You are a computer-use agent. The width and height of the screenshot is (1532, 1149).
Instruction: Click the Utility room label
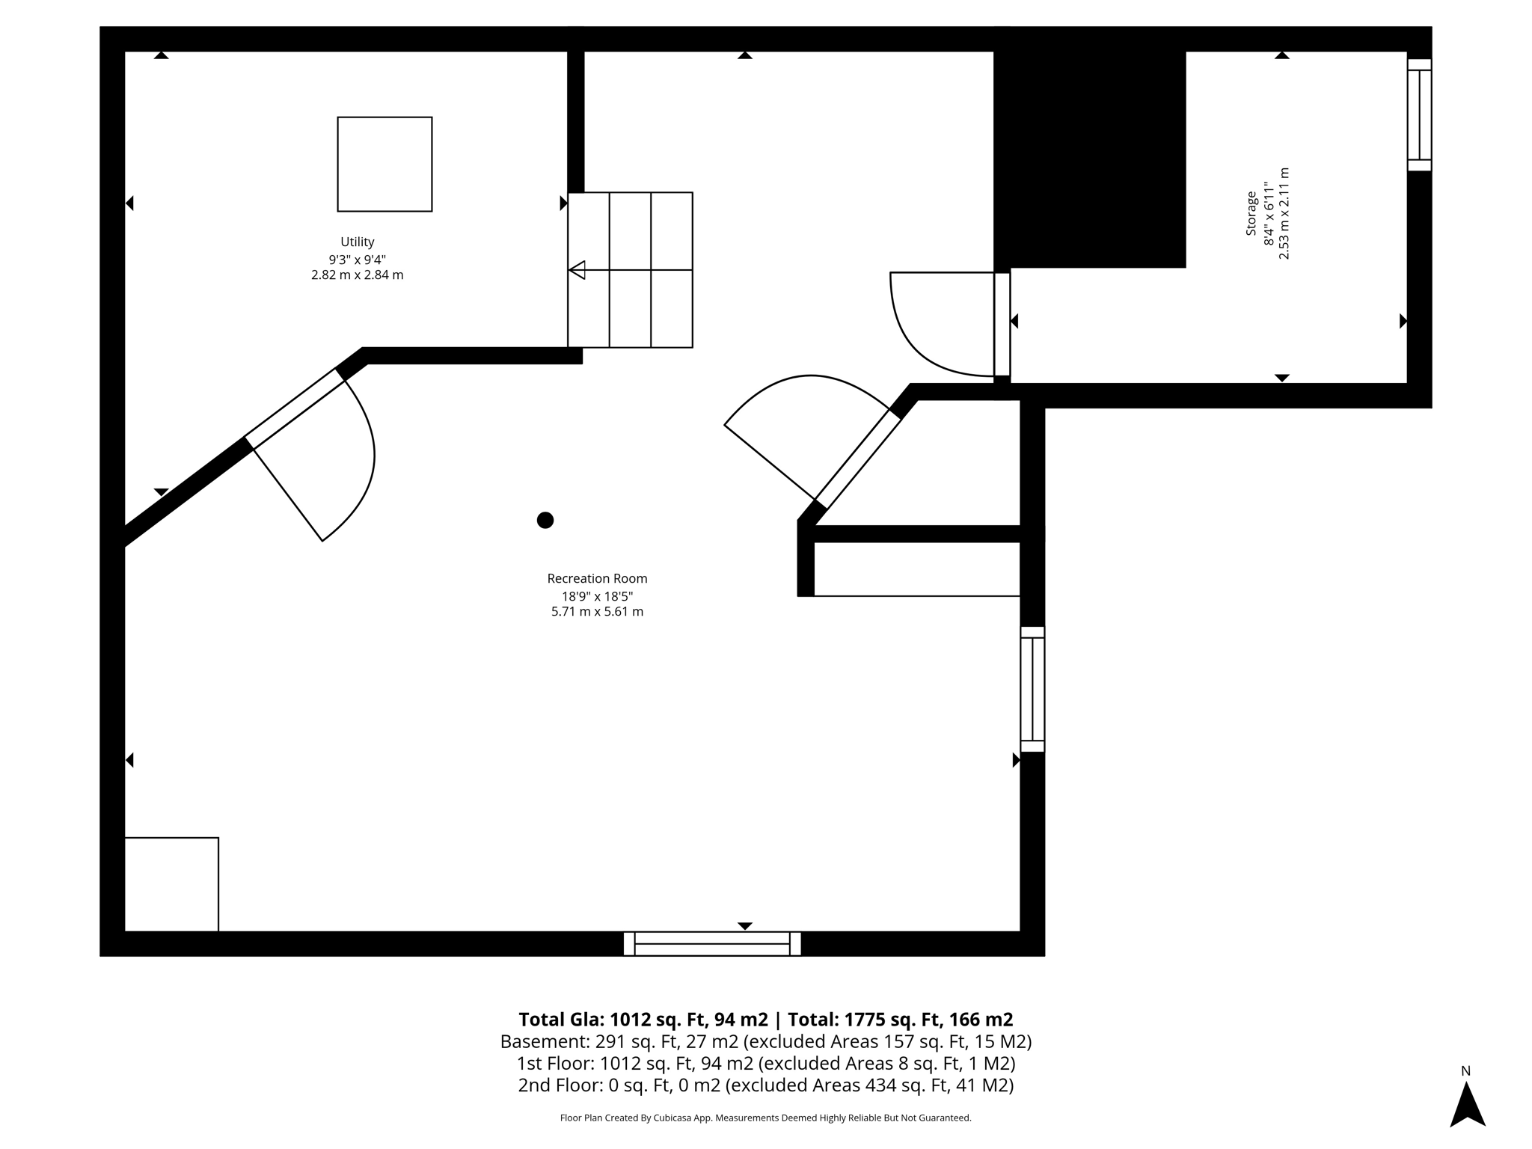(357, 242)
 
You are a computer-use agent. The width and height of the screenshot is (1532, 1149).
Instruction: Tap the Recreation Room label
(597, 578)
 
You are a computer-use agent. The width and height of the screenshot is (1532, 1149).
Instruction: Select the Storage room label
(1251, 213)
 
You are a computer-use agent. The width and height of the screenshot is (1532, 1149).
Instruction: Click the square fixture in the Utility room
(384, 164)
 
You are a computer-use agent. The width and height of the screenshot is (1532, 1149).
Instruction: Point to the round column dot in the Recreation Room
(545, 520)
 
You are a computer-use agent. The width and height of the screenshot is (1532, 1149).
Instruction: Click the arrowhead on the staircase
(577, 270)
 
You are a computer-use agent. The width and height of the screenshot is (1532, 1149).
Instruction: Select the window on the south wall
(712, 943)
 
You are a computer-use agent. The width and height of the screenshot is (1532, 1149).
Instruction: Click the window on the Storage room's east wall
(1419, 114)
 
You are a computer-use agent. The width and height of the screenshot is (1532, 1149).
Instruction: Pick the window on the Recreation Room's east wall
(1032, 689)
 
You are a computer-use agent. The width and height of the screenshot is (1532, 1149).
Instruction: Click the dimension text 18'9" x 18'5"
(597, 596)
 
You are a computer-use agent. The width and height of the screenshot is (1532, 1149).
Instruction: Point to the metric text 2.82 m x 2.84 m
(357, 275)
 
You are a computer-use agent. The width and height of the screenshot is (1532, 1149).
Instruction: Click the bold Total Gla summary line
(766, 1020)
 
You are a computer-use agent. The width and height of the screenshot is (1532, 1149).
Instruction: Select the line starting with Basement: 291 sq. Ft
(766, 1041)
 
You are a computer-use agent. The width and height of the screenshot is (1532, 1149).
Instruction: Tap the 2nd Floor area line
(766, 1085)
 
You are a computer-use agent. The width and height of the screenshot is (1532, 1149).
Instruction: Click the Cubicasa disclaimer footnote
(766, 1118)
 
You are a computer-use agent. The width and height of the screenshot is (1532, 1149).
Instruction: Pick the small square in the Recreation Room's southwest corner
(171, 884)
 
